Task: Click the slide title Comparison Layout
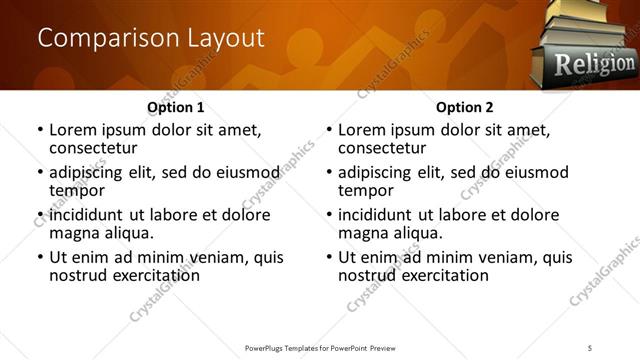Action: click(151, 39)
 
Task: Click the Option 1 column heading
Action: click(175, 106)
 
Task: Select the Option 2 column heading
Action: click(464, 106)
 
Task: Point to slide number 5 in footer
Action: click(590, 347)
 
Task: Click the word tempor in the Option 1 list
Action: click(75, 190)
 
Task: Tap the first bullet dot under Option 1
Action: click(39, 130)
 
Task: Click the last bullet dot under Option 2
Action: click(328, 258)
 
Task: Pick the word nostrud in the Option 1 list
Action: click(77, 275)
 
